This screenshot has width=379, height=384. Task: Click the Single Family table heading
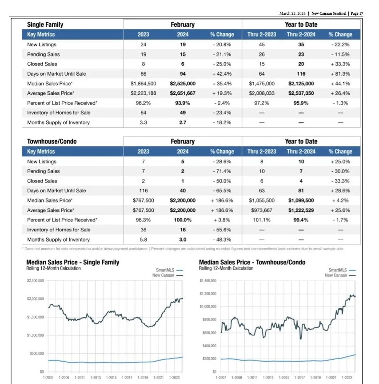[45, 25]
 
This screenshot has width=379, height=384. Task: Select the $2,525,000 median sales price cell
[183, 84]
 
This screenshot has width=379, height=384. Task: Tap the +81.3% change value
[340, 74]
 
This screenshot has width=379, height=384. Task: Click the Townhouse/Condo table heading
[52, 141]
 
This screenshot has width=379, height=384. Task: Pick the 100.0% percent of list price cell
[183, 220]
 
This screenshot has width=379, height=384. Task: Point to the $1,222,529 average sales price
[301, 210]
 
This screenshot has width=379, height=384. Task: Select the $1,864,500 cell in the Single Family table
[144, 84]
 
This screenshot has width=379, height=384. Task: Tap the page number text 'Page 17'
[357, 14]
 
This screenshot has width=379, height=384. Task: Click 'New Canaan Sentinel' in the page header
[329, 14]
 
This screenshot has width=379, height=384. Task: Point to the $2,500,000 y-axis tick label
[35, 280]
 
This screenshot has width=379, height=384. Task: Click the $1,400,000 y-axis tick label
[207, 281]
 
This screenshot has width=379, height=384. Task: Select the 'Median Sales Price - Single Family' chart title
[73, 262]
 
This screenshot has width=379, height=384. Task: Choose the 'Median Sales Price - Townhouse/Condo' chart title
[252, 262]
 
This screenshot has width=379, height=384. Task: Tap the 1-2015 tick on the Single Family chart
[111, 377]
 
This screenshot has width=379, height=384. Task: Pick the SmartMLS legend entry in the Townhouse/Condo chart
[338, 270]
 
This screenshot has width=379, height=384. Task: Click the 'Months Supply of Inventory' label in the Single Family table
[58, 123]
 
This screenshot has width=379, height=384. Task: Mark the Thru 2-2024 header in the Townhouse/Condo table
[301, 151]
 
